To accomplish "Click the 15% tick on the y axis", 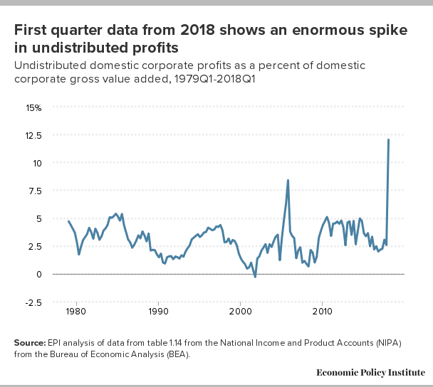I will click(33, 107).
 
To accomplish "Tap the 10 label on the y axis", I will click(36, 163).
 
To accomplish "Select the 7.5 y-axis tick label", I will click(34, 191).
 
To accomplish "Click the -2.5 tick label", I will click(33, 302).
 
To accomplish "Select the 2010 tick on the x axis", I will click(323, 312).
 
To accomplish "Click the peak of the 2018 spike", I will click(388, 139).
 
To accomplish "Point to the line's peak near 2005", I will click(288, 180).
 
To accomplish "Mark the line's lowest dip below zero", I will click(255, 277).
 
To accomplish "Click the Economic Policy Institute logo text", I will click(370, 373).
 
